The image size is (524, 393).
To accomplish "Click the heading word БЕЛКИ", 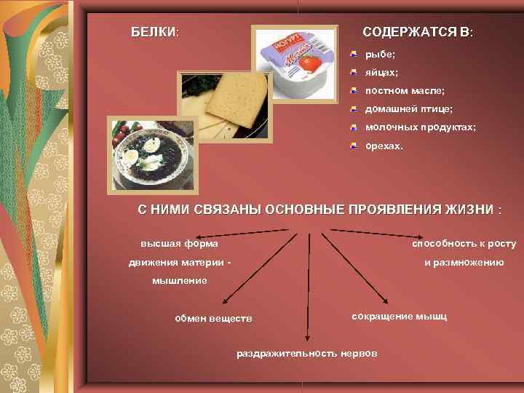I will (154, 33).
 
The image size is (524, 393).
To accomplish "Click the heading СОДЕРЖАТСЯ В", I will (417, 33).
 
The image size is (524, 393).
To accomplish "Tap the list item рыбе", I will (380, 55).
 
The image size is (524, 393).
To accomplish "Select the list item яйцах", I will (381, 73).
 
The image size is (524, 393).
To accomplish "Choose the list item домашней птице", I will (408, 109).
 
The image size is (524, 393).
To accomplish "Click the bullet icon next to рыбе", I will (353, 54).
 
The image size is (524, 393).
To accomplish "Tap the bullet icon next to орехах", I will (353, 144).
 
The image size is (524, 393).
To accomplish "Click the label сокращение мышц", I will (399, 317).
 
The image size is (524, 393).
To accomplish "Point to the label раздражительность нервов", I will (307, 353).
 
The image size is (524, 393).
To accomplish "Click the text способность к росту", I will (464, 243).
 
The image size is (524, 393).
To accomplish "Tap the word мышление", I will (179, 280).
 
